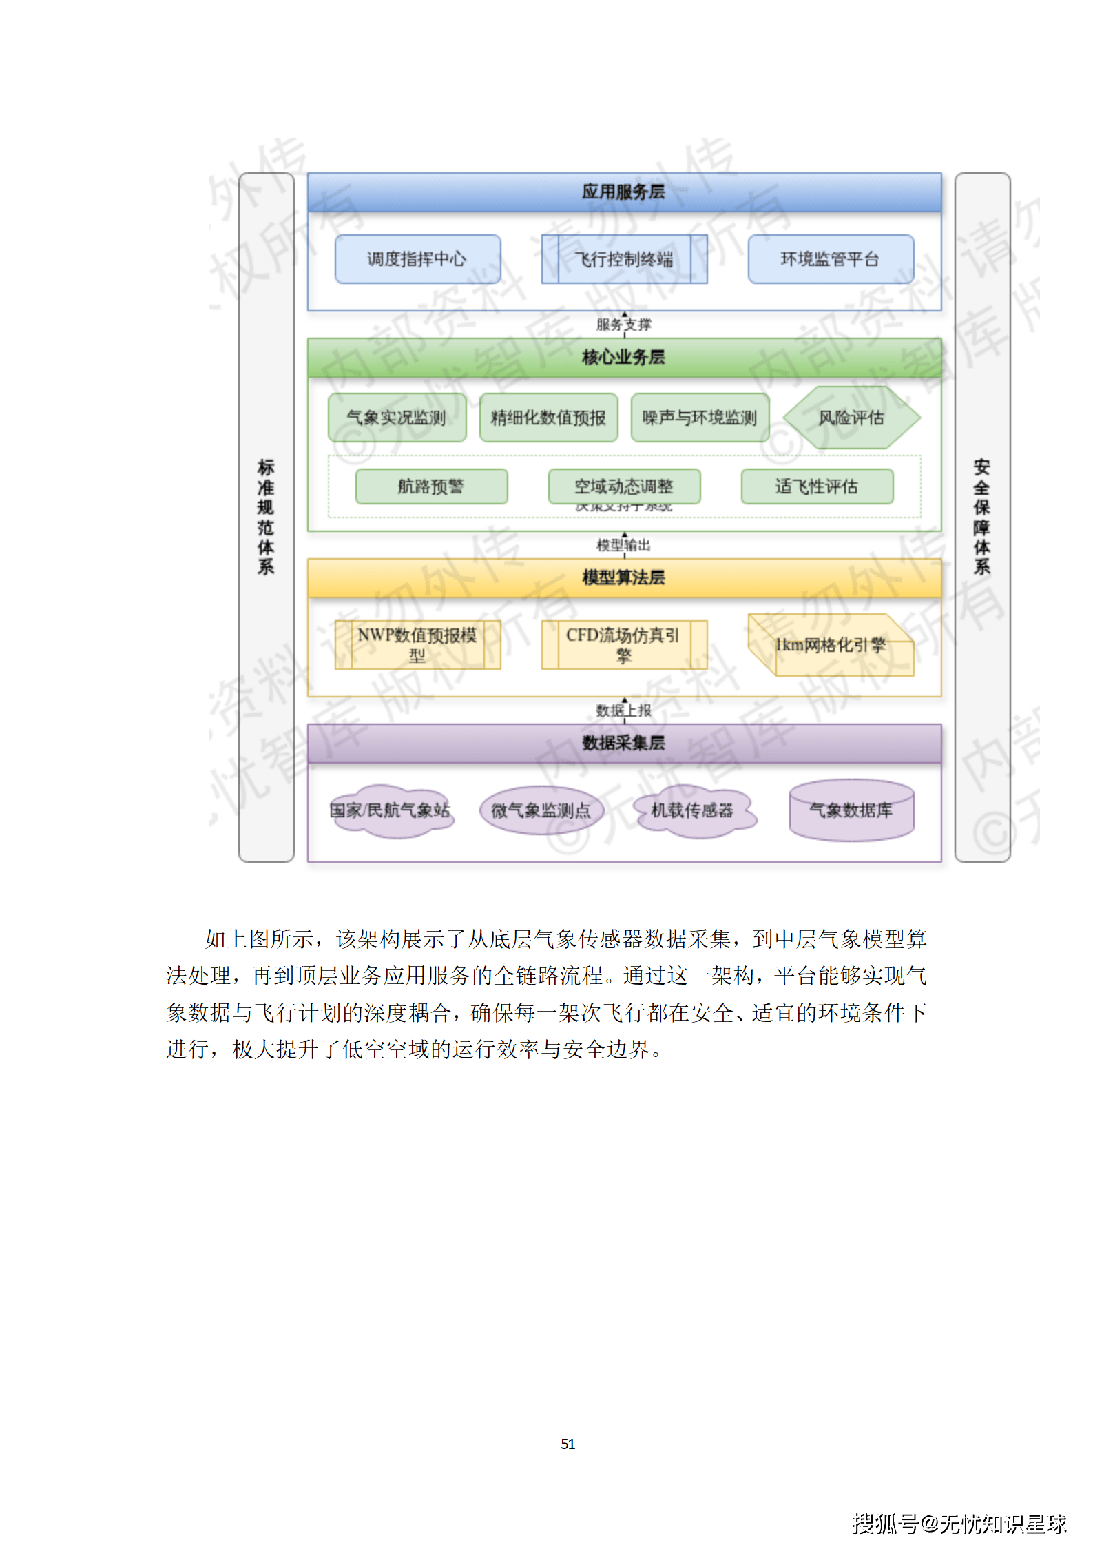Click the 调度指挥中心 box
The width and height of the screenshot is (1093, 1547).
coord(417,259)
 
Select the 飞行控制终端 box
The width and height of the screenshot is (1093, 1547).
coord(624,259)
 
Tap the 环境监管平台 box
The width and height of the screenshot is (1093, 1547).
coord(831,259)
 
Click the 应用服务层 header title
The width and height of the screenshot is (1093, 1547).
coord(623,192)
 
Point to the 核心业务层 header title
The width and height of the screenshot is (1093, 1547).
coord(623,357)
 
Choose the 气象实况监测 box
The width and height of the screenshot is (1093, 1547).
coord(397,418)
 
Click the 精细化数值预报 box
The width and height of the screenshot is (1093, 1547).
coord(548,418)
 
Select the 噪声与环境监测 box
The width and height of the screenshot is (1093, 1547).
coord(700,418)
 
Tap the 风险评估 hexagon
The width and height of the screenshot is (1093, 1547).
coord(851,418)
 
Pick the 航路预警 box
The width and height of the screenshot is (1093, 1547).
coord(431,486)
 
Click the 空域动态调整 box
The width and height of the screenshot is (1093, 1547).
coord(624,486)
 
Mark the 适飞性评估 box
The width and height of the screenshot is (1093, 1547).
coord(817,486)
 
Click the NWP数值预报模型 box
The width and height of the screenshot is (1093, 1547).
coord(417,645)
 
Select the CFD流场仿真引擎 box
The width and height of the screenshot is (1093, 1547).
coord(624,645)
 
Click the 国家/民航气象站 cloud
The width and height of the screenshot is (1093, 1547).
coord(390,811)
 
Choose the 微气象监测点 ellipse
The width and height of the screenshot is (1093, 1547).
coord(541,811)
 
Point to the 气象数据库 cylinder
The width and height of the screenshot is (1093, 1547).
coord(851,811)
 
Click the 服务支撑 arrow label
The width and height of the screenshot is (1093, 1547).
coord(624,325)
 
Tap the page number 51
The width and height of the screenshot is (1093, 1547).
coord(568,1444)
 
